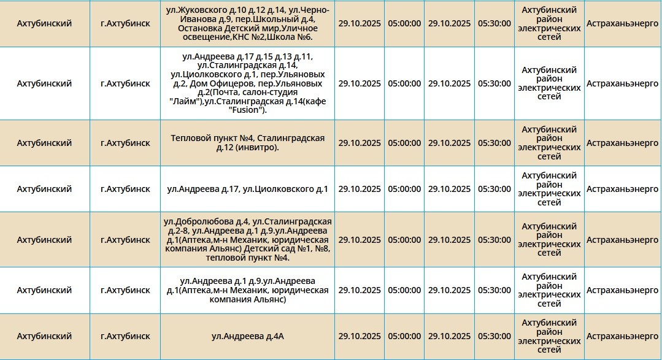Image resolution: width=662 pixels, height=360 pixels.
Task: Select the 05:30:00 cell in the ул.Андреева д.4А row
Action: [x=494, y=336]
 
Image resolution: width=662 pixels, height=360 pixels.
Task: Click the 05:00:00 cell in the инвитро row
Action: [x=404, y=143]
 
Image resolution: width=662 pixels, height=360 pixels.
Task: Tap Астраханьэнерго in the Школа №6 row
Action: [x=622, y=23]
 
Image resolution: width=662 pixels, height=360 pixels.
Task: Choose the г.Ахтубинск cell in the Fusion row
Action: [x=125, y=83]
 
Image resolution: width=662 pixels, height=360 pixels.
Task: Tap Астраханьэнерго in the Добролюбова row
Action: [x=622, y=240]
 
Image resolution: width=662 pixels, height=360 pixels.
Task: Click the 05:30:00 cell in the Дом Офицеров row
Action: [x=494, y=83]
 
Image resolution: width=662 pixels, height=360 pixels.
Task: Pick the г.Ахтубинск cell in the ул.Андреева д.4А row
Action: [x=125, y=336]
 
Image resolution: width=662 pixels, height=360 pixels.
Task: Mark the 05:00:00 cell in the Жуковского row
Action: [x=404, y=23]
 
